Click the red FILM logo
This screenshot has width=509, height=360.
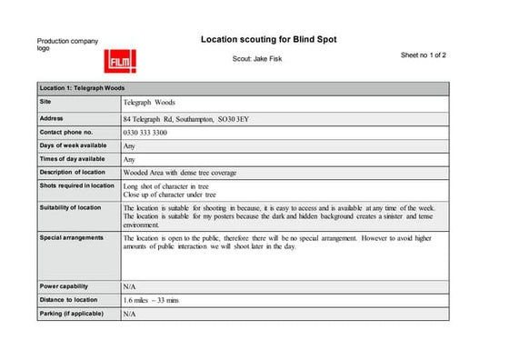(120, 61)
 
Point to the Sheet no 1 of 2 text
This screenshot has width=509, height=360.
(423, 55)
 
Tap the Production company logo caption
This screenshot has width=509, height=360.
(66, 45)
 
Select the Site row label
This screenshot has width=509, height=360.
(45, 102)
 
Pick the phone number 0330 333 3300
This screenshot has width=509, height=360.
(145, 133)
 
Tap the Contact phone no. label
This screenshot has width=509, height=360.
(66, 132)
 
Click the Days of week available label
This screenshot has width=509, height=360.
(73, 145)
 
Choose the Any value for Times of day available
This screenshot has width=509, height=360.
(129, 159)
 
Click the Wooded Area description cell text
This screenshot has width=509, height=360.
(186, 173)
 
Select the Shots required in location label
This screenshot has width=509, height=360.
(77, 185)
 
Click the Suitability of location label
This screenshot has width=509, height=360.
(71, 208)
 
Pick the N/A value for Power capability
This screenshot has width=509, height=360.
(129, 286)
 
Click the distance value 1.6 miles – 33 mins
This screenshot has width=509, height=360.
(151, 300)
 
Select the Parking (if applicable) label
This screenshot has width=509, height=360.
(71, 314)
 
